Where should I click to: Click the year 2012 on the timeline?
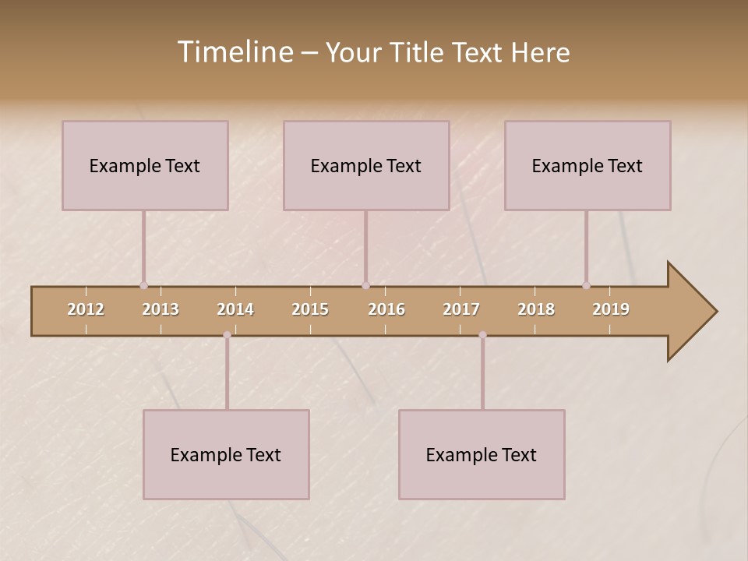[x=86, y=309]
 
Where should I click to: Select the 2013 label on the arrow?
[x=161, y=309]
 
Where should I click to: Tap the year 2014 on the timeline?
[x=235, y=309]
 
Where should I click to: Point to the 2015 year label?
[x=310, y=309]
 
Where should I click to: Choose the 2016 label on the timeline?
[x=386, y=309]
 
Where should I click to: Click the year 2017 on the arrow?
[x=461, y=309]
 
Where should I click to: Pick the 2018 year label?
[x=536, y=309]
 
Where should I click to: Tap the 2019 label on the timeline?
[x=611, y=309]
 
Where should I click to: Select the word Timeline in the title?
[x=234, y=52]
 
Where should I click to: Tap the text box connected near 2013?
[x=145, y=165]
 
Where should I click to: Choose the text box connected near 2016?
[x=366, y=165]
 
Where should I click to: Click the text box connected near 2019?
[x=587, y=165]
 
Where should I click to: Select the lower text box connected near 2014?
[x=226, y=454]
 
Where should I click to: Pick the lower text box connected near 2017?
[x=482, y=454]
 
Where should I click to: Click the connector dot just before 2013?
[x=143, y=285]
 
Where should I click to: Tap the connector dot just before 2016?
[x=365, y=285]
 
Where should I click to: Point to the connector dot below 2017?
[x=482, y=335]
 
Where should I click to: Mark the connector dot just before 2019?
[x=586, y=285]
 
